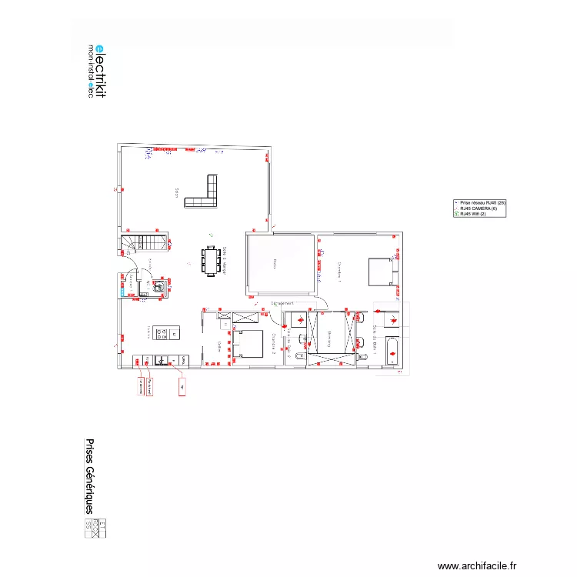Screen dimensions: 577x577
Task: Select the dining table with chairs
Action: pyautogui.click(x=210, y=259)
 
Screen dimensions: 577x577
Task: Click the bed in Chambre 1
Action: pyautogui.click(x=380, y=271)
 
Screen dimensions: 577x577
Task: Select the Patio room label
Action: pyautogui.click(x=275, y=264)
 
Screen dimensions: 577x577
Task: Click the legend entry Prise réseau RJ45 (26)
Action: pyautogui.click(x=482, y=202)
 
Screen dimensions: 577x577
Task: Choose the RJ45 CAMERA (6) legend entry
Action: pyautogui.click(x=479, y=208)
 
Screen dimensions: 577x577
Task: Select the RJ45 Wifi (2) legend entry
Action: pyautogui.click(x=475, y=214)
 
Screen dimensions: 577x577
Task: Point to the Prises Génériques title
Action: pyautogui.click(x=89, y=477)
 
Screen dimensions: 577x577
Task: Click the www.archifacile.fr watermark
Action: pyautogui.click(x=477, y=565)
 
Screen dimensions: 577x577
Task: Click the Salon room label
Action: pyautogui.click(x=176, y=193)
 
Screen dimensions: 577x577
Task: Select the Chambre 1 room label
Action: pyautogui.click(x=339, y=272)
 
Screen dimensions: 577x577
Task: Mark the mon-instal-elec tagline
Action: pyautogui.click(x=91, y=70)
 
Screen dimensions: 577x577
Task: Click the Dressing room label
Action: pyautogui.click(x=330, y=334)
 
